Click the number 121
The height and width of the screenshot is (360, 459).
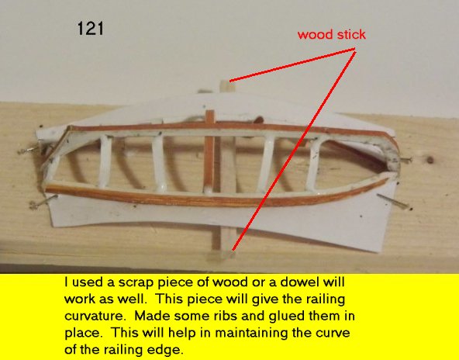[91, 29]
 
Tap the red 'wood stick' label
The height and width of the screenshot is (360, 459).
[331, 35]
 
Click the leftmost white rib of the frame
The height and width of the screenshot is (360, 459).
[105, 161]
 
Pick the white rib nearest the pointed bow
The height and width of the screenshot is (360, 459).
[316, 163]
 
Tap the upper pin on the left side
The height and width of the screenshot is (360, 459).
[29, 150]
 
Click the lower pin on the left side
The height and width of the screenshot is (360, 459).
[43, 202]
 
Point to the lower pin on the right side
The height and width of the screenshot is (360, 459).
[394, 202]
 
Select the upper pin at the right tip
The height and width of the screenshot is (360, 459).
[406, 160]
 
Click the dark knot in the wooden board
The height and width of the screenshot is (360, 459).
[430, 160]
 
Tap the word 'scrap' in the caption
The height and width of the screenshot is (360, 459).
[136, 282]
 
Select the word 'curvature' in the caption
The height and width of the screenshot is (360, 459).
[97, 317]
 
